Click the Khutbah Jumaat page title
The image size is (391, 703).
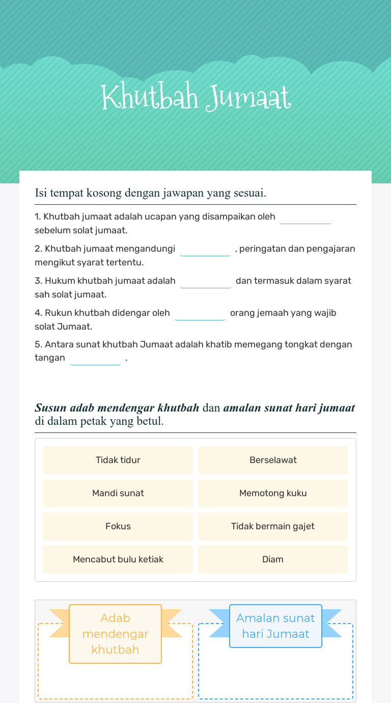196,97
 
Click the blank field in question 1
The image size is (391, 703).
305,218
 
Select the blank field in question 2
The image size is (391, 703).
205,250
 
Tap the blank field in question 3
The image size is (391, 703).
206,282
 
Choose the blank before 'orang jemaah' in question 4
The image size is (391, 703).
200,314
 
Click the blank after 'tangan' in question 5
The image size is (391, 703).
95,359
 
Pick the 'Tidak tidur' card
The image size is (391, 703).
118,460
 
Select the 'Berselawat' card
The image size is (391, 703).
273,460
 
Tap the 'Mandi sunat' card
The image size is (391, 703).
118,493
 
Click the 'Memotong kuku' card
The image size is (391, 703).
273,493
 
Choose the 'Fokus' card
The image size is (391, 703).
118,526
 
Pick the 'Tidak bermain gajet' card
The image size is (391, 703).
273,526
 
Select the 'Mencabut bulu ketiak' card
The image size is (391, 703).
118,559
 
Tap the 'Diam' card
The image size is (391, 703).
273,559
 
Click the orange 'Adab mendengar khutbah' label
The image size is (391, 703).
115,634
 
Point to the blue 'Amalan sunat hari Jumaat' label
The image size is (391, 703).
275,626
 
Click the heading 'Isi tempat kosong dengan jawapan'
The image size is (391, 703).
151,193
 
